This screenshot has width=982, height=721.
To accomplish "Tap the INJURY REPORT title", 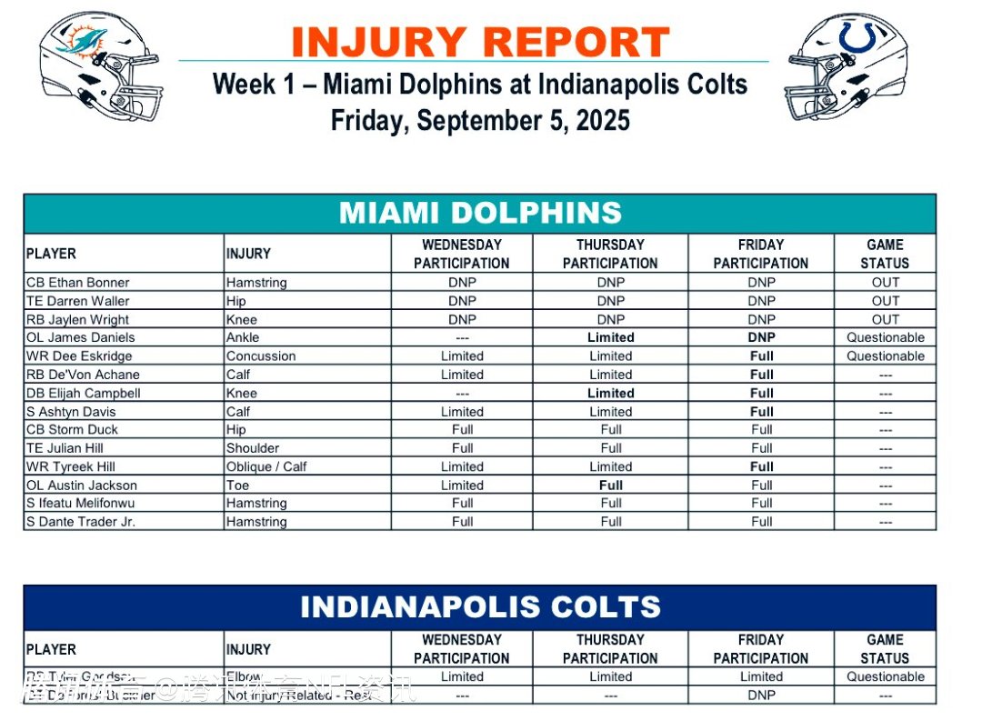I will tap(480, 42).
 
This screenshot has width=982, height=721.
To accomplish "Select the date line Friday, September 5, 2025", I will tap(480, 120).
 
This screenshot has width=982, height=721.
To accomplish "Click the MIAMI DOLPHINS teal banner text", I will tap(480, 213).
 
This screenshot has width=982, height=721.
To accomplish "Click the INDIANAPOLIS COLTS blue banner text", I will tap(480, 606).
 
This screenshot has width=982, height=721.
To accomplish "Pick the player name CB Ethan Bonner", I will tap(78, 282).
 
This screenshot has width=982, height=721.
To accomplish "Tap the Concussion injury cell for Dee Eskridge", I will tap(261, 355).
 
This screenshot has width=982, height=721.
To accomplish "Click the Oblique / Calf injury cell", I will tap(266, 466).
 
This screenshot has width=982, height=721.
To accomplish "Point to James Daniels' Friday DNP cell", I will tap(761, 337).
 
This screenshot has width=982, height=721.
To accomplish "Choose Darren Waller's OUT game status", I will tap(885, 301).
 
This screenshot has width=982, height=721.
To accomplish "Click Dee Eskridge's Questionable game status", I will tap(885, 355).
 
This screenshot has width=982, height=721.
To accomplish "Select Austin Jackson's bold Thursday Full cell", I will tap(610, 485).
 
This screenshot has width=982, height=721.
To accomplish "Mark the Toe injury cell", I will tap(237, 485).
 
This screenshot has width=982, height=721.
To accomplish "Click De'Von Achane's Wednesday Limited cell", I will tap(462, 375).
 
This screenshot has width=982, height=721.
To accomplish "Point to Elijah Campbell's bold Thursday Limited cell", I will tap(610, 393).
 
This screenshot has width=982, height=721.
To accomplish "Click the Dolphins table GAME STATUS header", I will tap(885, 254).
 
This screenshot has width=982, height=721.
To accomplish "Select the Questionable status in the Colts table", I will tap(885, 676).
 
